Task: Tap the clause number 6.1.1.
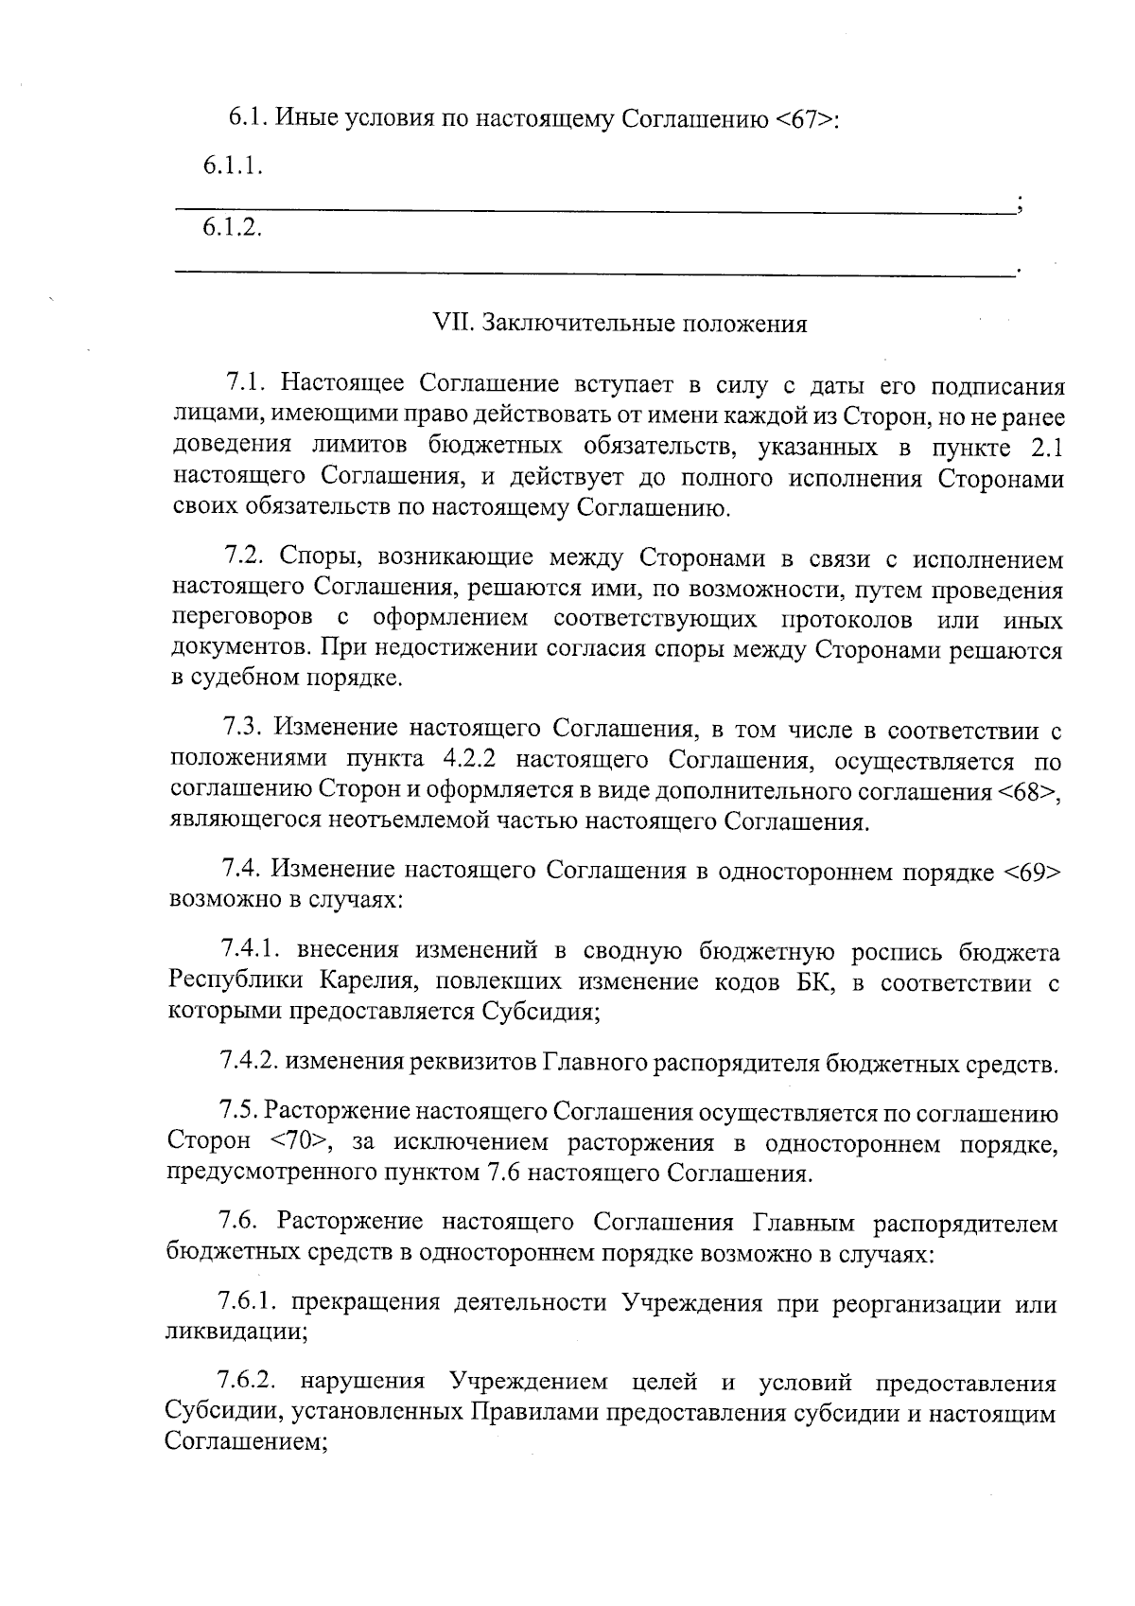coord(232,168)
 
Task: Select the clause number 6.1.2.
coord(232,228)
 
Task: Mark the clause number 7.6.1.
coord(246,1302)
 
